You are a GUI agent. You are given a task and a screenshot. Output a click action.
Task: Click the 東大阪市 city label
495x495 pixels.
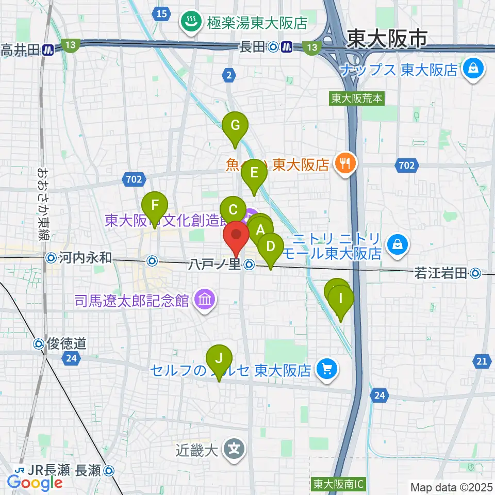pyautogui.click(x=387, y=39)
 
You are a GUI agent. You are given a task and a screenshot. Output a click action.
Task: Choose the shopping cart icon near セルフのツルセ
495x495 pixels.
pyautogui.click(x=326, y=369)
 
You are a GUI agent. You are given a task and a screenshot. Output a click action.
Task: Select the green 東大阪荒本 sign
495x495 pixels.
pyautogui.click(x=357, y=98)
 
